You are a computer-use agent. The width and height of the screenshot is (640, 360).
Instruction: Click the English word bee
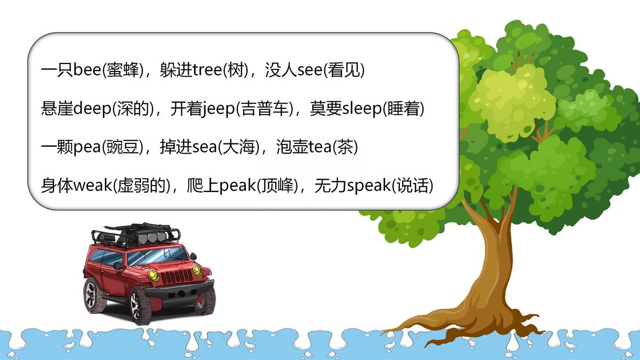[x=87, y=70]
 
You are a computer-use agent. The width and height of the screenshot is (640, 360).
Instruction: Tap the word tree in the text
[x=207, y=70]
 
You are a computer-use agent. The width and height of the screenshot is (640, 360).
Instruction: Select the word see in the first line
[x=310, y=70]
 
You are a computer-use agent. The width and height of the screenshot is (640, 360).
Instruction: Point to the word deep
[x=92, y=109]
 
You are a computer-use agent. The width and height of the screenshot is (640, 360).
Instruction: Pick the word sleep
[x=362, y=109]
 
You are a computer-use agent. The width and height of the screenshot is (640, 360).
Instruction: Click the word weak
[x=93, y=186]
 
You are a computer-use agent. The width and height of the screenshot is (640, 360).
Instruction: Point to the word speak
[x=369, y=186]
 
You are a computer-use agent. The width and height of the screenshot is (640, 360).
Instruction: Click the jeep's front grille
[x=177, y=276]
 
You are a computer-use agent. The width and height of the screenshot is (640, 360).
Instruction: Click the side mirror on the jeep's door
[x=118, y=266]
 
